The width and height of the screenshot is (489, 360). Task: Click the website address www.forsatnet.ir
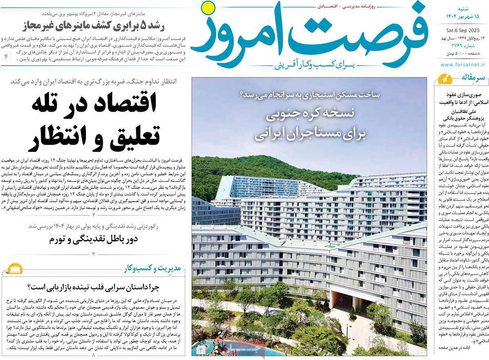click(x=463, y=64)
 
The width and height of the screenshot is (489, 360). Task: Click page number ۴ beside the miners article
click(x=7, y=56)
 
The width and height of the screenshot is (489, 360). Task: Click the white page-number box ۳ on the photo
click(x=200, y=350)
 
